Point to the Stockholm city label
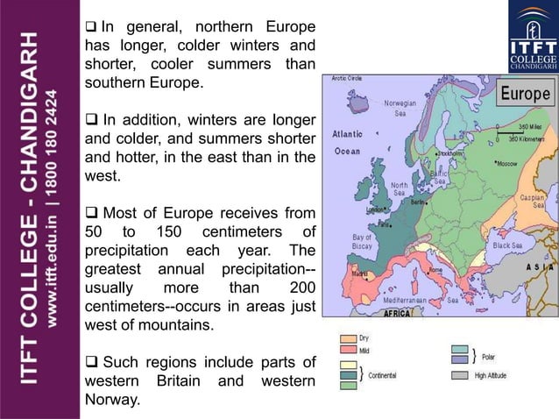pyautogui.click(x=449, y=153)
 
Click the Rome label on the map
pyautogui.click(x=434, y=269)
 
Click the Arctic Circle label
pyautogui.click(x=345, y=79)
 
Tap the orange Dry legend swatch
pyautogui.click(x=349, y=337)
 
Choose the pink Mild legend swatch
pyautogui.click(x=349, y=351)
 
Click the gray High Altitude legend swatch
pyautogui.click(x=460, y=376)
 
